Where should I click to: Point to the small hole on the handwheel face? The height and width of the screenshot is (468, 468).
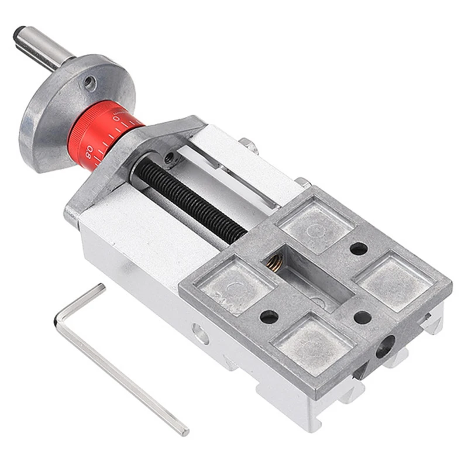pos(90,84)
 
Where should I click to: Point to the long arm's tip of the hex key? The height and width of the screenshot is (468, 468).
pos(184,431)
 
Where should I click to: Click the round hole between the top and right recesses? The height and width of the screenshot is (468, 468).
pos(358,249)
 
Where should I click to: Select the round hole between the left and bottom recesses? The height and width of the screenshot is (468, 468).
pos(269,318)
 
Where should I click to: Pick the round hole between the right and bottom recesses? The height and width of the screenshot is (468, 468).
pos(363,318)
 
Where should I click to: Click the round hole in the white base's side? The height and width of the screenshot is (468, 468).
pos(199,335)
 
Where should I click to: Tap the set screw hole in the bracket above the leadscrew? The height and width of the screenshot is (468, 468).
pos(170,157)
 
